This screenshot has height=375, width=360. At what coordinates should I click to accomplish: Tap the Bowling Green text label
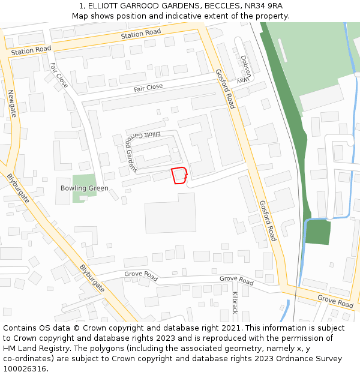pyautogui.click(x=85, y=188)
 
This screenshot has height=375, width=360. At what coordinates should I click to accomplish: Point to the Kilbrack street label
pyautogui.click(x=235, y=303)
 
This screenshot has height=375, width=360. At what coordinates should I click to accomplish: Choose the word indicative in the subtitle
pyautogui.click(x=174, y=16)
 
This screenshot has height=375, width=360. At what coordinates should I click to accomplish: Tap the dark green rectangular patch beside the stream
pyautogui.click(x=317, y=232)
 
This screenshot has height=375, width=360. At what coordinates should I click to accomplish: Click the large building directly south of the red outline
pyautogui.click(x=170, y=212)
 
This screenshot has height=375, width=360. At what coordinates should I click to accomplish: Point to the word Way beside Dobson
pyautogui.click(x=241, y=80)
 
